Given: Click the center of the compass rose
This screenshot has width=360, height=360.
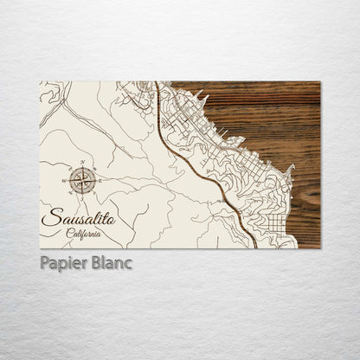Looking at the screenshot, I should tap(83, 180).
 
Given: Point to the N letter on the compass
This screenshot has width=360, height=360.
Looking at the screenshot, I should tap(83, 164).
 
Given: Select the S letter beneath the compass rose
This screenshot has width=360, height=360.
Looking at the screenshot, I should tap(83, 197).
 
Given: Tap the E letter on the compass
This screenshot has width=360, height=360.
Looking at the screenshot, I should tap(100, 180).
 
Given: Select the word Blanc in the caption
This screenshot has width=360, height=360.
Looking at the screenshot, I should tap(112, 262).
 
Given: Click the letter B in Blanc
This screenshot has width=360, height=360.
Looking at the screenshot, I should tap(98, 262).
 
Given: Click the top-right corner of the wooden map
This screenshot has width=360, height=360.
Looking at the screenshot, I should tap(319, 82).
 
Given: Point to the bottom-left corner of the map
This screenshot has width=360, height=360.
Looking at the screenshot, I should tap(41, 247).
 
